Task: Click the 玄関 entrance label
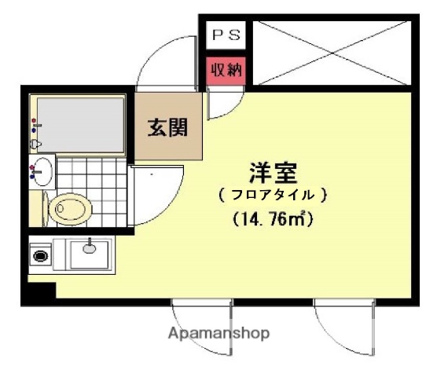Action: click(168, 128)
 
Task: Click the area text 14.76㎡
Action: click(274, 219)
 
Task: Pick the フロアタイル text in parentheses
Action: click(273, 193)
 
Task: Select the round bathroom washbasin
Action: click(42, 170)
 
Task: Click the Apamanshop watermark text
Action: click(218, 332)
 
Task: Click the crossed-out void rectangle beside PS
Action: click(332, 51)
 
